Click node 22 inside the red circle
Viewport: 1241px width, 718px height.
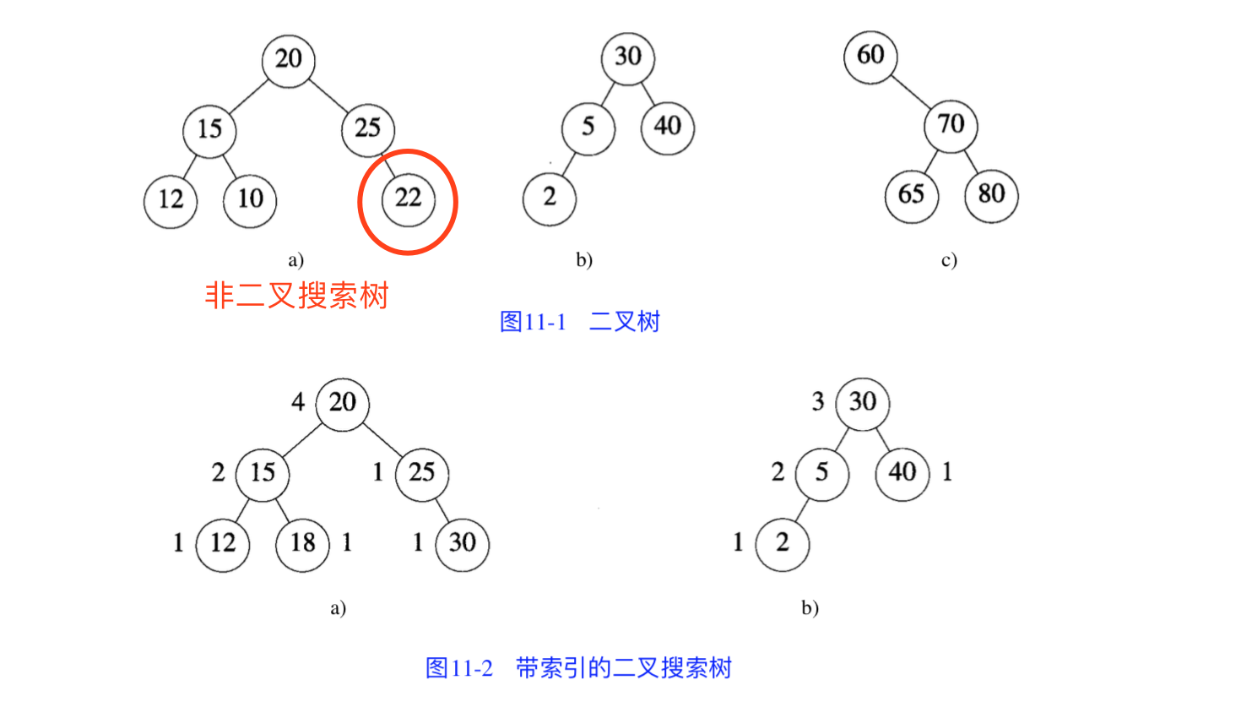coord(409,199)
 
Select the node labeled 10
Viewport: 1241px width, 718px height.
coord(250,201)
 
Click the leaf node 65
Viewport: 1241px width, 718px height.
coord(912,196)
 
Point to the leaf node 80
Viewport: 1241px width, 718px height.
coord(991,196)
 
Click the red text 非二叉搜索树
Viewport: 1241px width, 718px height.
coord(297,295)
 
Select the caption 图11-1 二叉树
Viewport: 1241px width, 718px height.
coord(580,322)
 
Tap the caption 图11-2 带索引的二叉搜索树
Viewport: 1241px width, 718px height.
coord(578,667)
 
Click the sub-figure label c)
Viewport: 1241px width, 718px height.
coord(949,260)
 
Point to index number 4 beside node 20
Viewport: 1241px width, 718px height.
coord(298,401)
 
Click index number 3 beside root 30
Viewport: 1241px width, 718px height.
coord(818,401)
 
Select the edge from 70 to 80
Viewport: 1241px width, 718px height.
coord(971,161)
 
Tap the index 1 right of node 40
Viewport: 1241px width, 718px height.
coord(947,472)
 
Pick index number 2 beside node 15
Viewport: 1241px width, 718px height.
coord(219,472)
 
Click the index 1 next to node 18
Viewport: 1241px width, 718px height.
coord(347,541)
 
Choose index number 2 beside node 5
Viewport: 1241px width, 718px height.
coord(778,472)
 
